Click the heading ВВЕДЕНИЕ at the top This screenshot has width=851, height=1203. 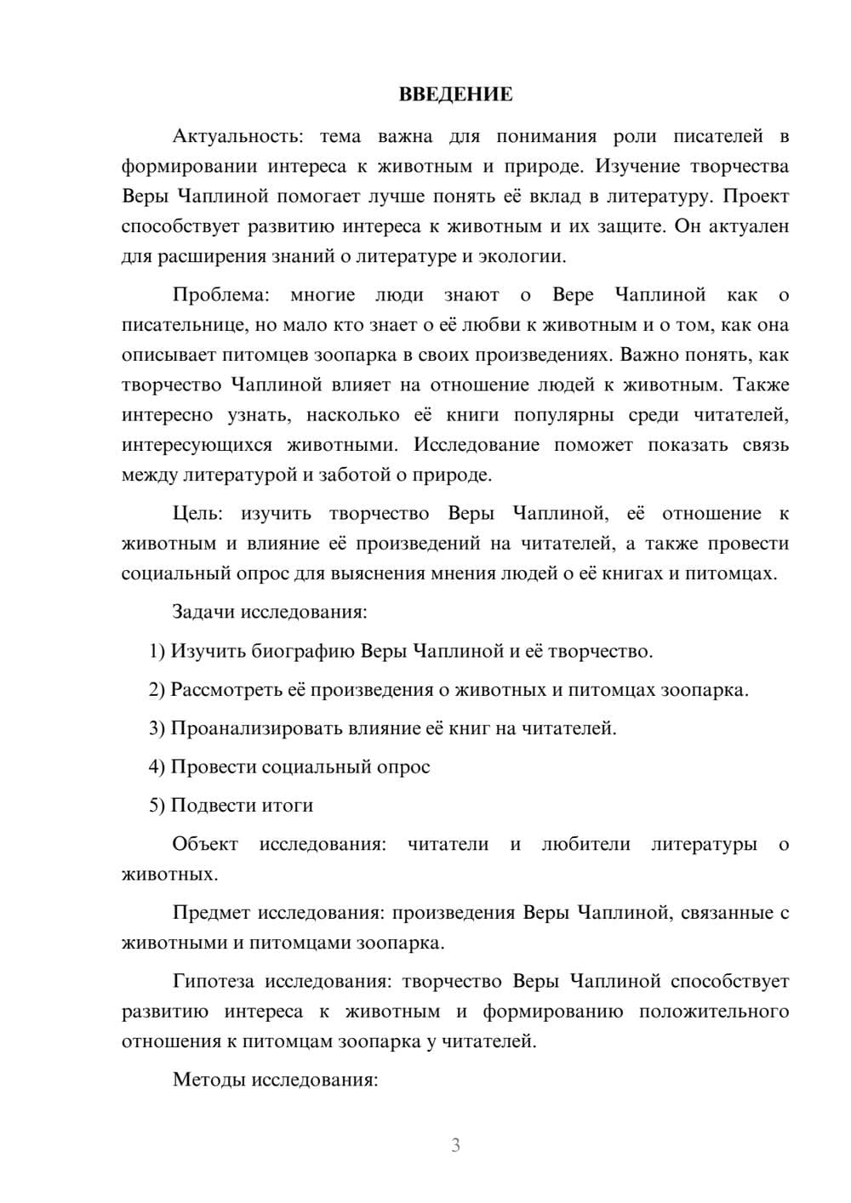455,94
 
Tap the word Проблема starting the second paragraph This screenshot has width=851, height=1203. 220,295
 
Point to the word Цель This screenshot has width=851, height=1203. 197,514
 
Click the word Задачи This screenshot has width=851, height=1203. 204,612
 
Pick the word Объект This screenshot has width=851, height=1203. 205,844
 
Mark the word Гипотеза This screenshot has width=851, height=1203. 213,982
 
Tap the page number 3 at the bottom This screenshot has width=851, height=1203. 455,1145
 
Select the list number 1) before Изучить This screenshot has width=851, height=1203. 157,652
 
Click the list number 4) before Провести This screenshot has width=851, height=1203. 157,767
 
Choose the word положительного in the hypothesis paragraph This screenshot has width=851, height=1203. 713,1012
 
